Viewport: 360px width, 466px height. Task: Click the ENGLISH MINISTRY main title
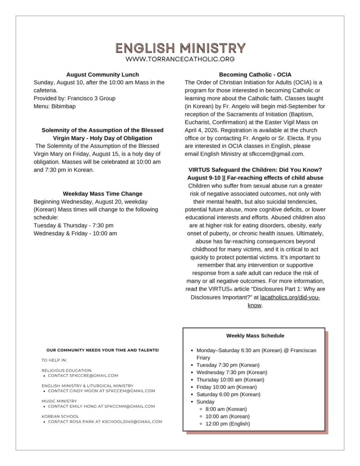[180, 48]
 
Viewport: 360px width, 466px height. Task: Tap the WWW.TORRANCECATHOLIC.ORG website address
[180, 59]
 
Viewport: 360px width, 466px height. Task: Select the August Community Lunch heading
[103, 75]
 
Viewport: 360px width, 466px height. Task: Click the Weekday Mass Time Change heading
[102, 194]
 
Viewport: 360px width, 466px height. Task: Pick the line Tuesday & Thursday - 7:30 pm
[74, 225]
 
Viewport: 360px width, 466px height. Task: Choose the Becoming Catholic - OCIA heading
[255, 75]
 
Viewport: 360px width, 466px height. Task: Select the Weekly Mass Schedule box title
[255, 336]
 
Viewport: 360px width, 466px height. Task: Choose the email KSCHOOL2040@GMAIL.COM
[135, 422]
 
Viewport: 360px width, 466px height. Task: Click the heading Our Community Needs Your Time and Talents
[103, 350]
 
